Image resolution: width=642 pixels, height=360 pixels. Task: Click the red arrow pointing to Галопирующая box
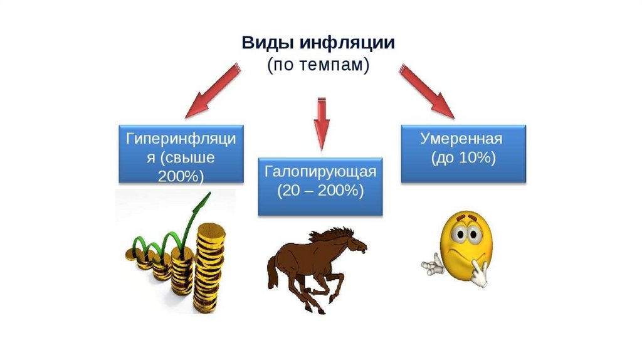[x=321, y=122]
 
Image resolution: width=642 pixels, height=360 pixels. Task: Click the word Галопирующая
[x=320, y=172]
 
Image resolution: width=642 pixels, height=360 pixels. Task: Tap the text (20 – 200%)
[x=320, y=191]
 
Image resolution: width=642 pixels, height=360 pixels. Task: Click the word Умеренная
[x=463, y=139]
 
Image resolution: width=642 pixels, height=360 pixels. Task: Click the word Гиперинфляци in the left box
[x=181, y=139]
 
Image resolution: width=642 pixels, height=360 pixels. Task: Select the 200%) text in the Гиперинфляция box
[x=181, y=176]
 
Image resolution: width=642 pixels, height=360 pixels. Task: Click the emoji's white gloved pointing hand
[x=432, y=266]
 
